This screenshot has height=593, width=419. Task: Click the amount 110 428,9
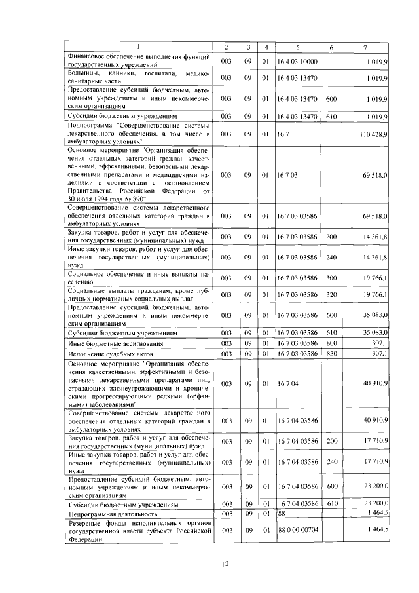pyautogui.click(x=374, y=134)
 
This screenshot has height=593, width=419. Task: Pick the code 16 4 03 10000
pyautogui.click(x=297, y=62)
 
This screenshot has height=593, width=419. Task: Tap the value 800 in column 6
pyautogui.click(x=331, y=343)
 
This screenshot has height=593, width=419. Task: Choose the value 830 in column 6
pyautogui.click(x=331, y=354)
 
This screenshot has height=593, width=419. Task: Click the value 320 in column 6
pyautogui.click(x=331, y=296)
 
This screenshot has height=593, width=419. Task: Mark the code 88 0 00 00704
pyautogui.click(x=298, y=529)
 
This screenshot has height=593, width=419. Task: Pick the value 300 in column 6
pyautogui.click(x=331, y=278)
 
